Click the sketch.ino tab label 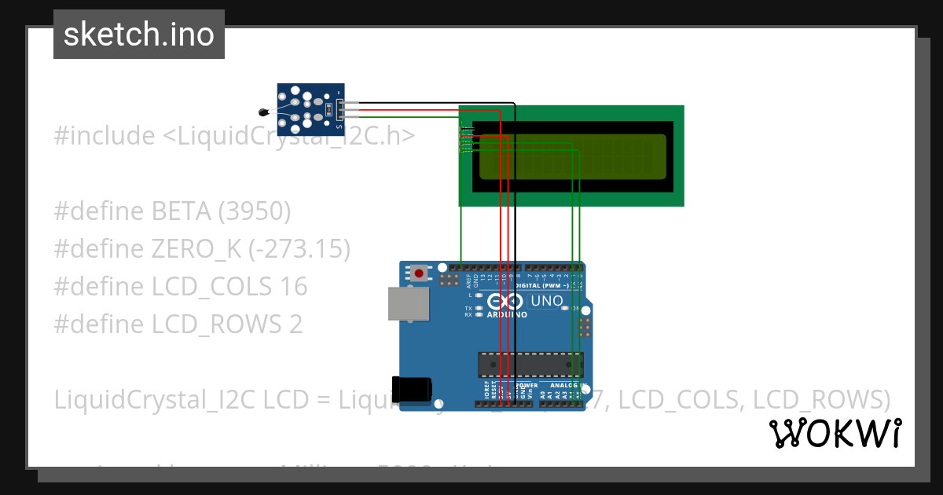[x=138, y=35]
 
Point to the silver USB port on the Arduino [x=409, y=303]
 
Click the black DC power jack [x=412, y=390]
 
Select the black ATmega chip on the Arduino [x=531, y=365]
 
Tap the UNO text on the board [x=548, y=301]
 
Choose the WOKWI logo [x=835, y=433]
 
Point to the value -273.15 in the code [x=299, y=249]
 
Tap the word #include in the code [x=105, y=136]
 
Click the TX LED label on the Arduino [x=468, y=308]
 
